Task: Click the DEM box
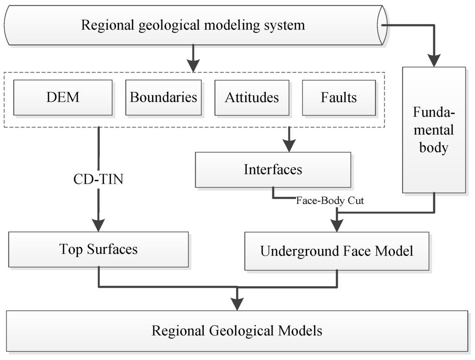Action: (x=63, y=97)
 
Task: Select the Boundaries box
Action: (x=163, y=97)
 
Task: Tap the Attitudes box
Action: (x=252, y=97)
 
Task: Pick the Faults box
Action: (x=339, y=97)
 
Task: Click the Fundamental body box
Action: (x=434, y=130)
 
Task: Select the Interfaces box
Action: (x=273, y=170)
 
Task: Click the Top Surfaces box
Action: (x=98, y=250)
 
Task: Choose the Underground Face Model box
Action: (x=336, y=251)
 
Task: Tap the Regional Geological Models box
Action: (x=237, y=331)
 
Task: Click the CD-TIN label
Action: (x=99, y=179)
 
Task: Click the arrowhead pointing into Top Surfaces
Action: (x=99, y=225)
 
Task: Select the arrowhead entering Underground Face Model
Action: (x=337, y=225)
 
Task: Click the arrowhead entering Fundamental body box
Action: (x=434, y=60)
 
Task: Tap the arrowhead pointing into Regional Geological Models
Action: (x=237, y=303)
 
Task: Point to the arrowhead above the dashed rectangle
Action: (x=193, y=65)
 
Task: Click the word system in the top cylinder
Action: (x=284, y=25)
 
